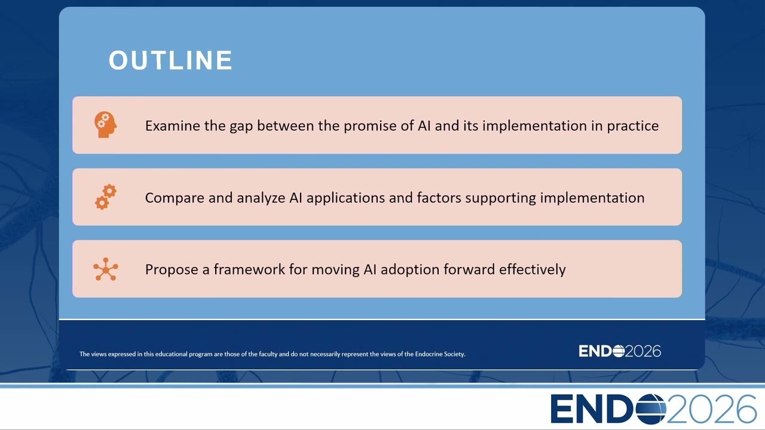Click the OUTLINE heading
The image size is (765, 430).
(170, 60)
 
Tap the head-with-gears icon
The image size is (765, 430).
(106, 125)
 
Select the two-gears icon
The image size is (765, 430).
(106, 197)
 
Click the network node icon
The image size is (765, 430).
(106, 269)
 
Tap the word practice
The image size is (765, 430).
(632, 127)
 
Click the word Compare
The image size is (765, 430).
(175, 198)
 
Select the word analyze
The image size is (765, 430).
(261, 198)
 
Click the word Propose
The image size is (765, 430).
(172, 270)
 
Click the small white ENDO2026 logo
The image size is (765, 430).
(620, 351)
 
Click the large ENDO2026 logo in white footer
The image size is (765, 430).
(653, 409)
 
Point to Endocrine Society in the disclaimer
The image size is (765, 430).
(440, 354)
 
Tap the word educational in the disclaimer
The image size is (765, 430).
(172, 354)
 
